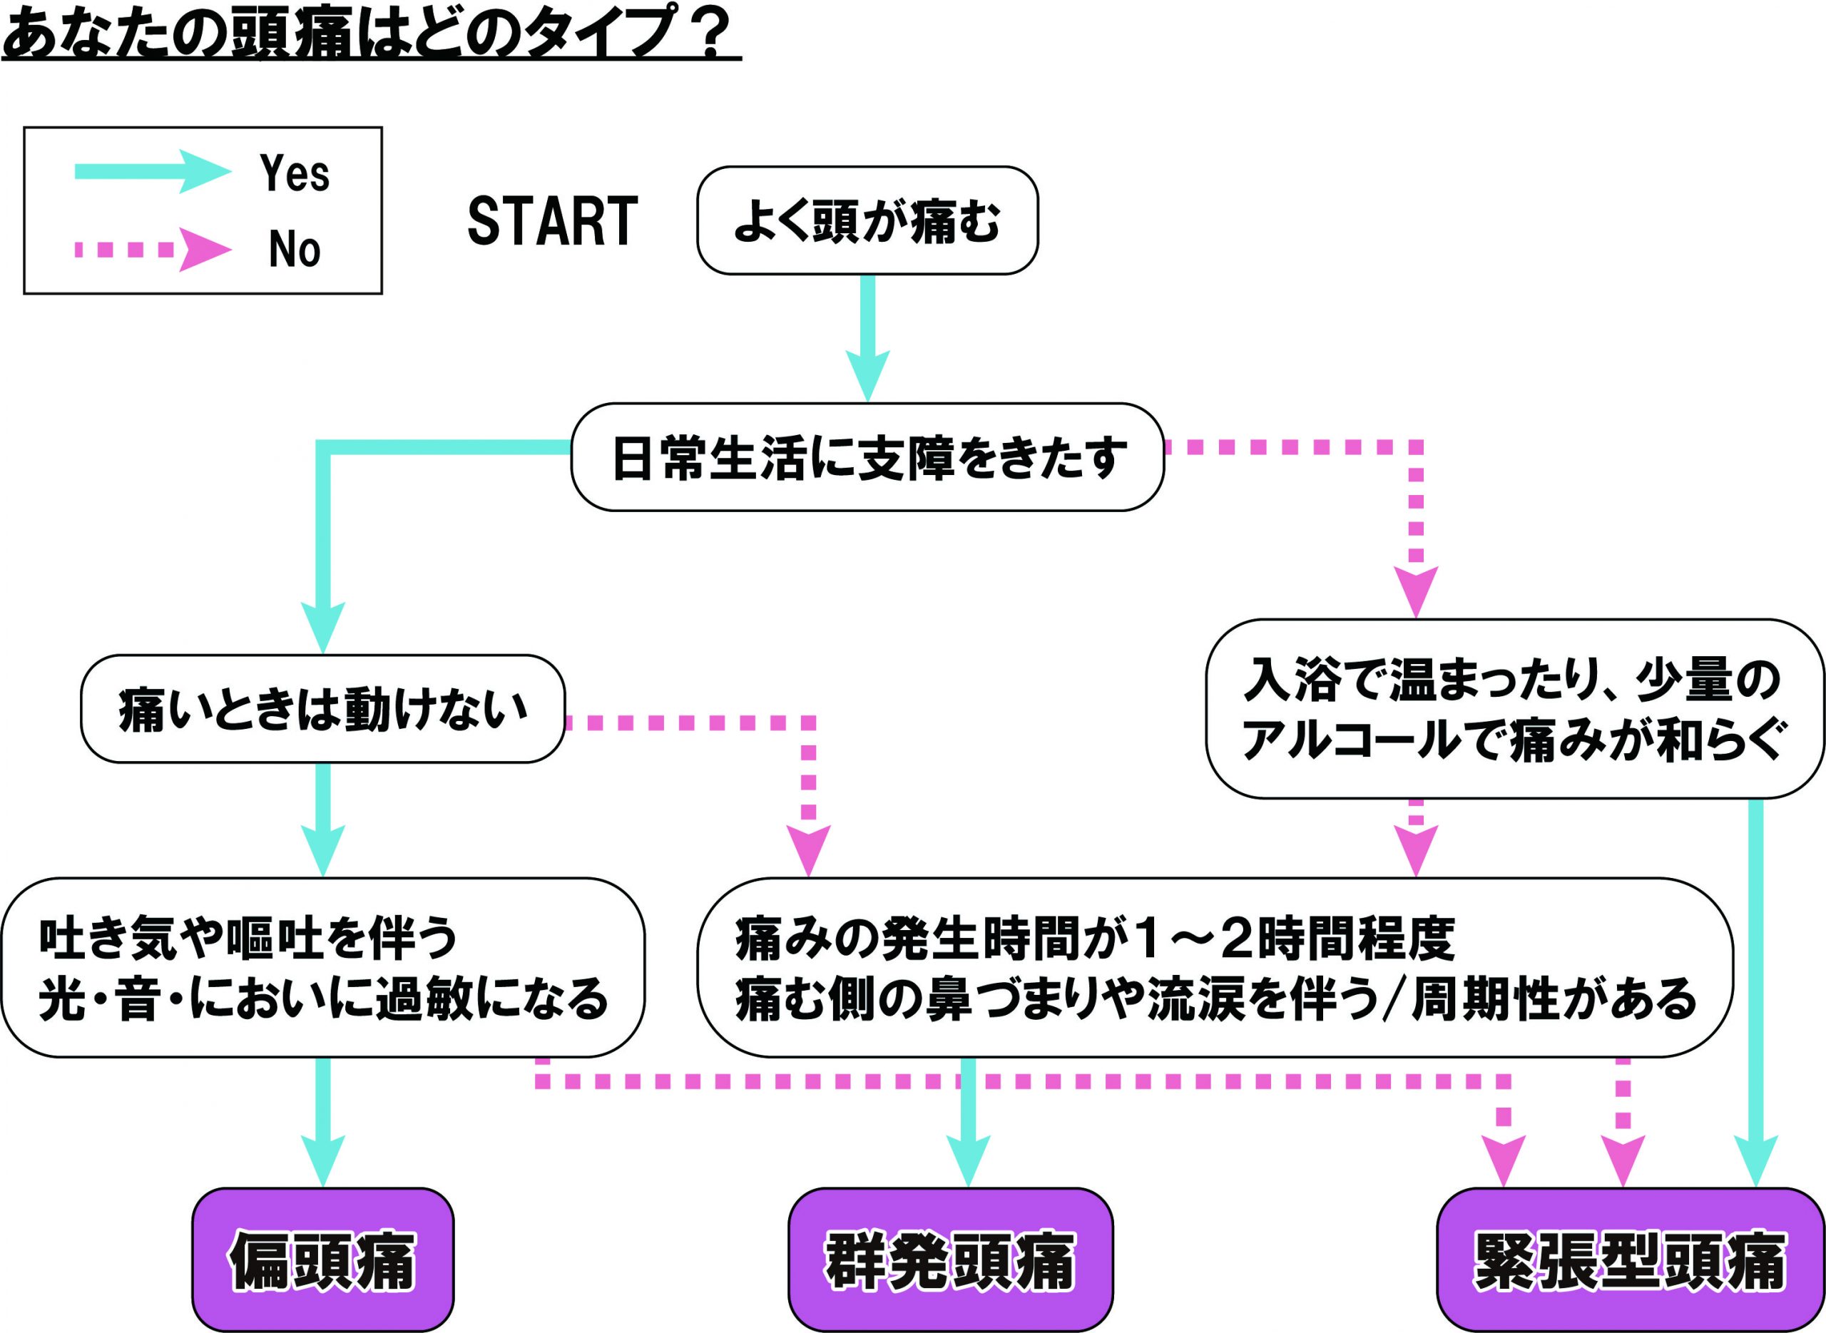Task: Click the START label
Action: coord(553,220)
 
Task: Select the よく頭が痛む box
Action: coord(867,220)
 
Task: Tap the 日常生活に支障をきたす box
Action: coord(867,457)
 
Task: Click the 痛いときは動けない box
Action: coord(322,709)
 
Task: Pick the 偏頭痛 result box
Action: coord(322,1260)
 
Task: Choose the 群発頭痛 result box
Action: coord(951,1260)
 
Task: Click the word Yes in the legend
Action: coord(295,173)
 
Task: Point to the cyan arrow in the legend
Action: coord(153,171)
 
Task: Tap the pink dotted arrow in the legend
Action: coord(153,250)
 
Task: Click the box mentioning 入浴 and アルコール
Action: coord(1514,709)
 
